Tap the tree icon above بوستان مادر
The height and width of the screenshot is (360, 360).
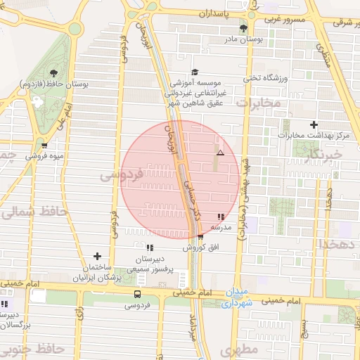point(243,29)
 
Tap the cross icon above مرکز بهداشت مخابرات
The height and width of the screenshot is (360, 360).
point(314,124)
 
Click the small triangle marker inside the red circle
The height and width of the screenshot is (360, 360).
point(220,153)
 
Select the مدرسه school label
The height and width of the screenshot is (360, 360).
point(222,228)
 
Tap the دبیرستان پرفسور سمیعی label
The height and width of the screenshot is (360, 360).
point(149,261)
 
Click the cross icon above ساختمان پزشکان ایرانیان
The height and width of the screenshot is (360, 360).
point(97,256)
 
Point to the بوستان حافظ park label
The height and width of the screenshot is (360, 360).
point(85,84)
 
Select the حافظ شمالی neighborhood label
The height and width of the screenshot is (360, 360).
point(33,211)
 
